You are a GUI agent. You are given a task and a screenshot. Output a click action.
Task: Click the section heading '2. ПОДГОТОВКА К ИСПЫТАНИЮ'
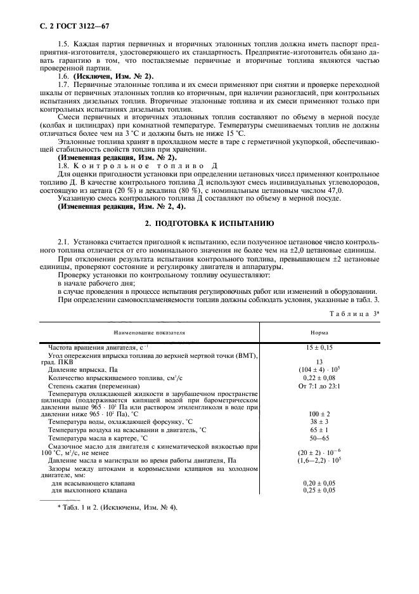pyautogui.click(x=209, y=224)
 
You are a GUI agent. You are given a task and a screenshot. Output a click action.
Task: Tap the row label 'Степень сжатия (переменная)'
pyautogui.click(x=94, y=386)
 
